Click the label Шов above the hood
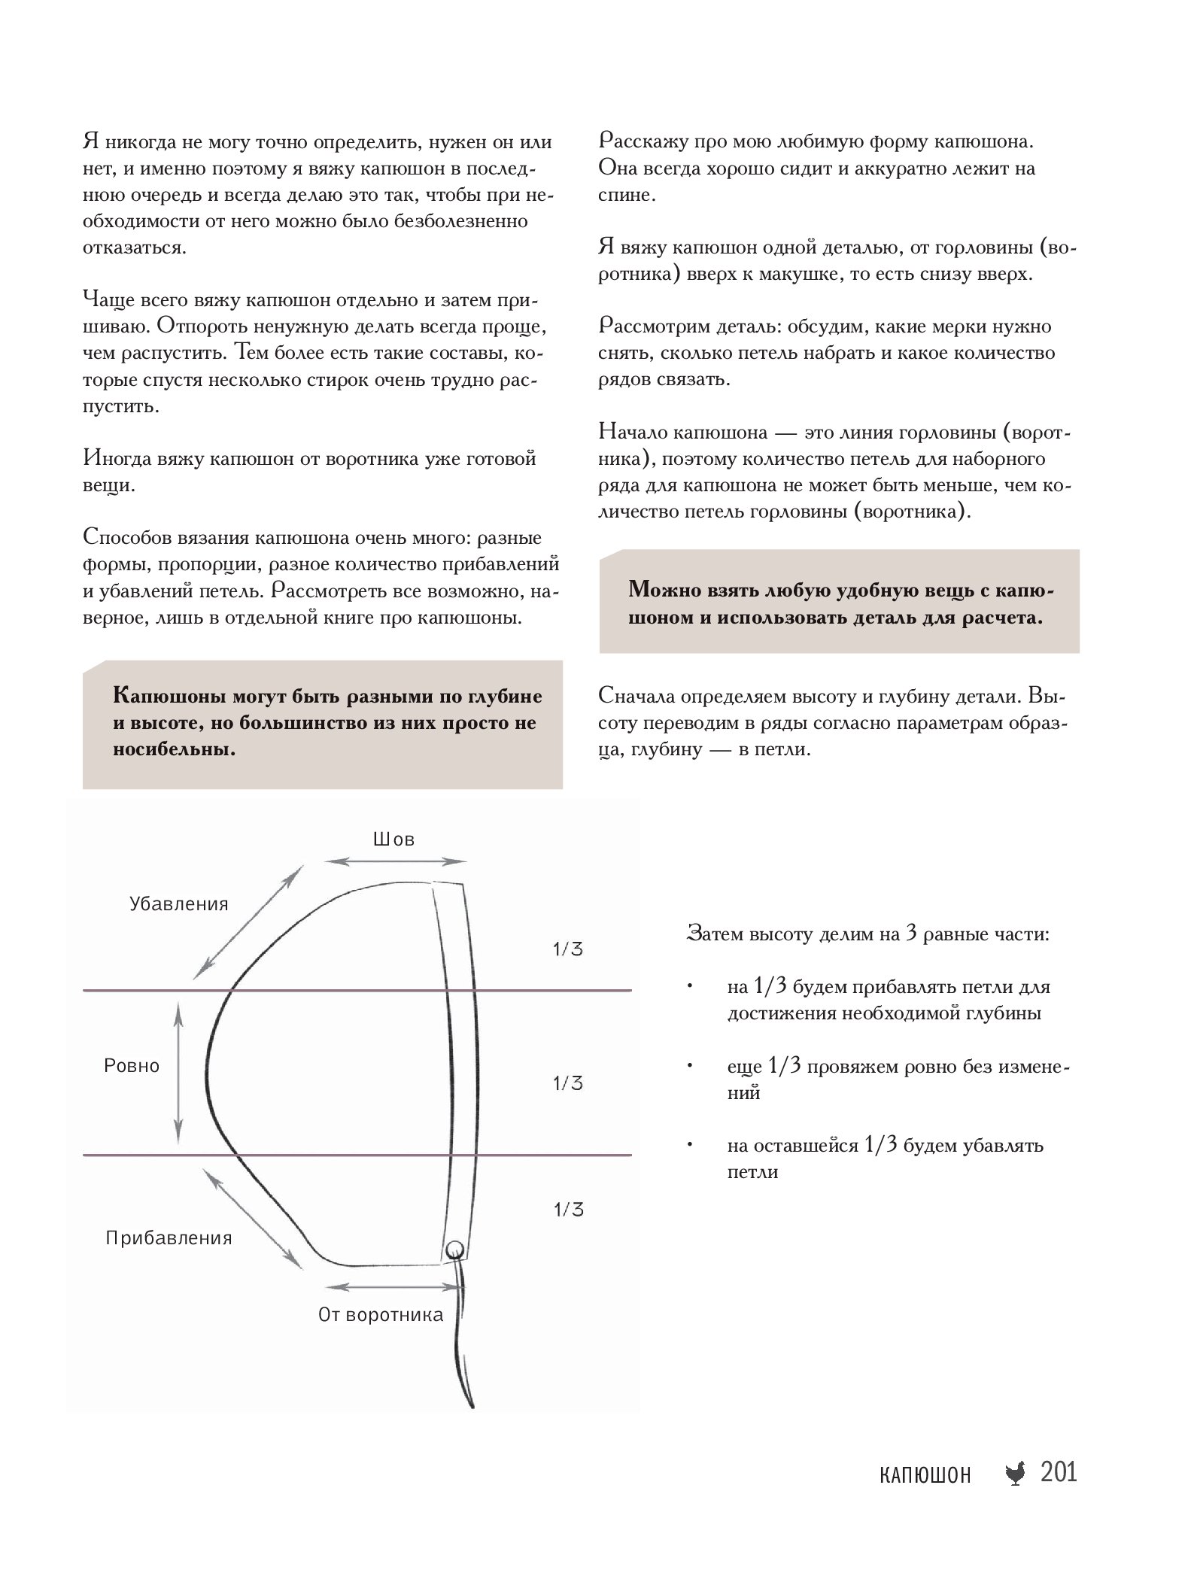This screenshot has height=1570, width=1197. tap(393, 839)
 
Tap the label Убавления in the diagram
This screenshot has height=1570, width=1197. tap(178, 903)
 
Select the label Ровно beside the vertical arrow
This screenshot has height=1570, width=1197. tap(132, 1065)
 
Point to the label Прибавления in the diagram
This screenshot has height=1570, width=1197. tap(169, 1238)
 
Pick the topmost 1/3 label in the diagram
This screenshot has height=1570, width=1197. tap(568, 949)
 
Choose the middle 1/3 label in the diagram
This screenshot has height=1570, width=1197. tap(568, 1083)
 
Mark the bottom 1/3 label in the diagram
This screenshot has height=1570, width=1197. tap(568, 1210)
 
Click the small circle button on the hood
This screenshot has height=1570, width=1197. tap(454, 1250)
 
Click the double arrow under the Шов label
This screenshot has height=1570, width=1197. tap(396, 862)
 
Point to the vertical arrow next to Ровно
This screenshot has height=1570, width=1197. tap(178, 1073)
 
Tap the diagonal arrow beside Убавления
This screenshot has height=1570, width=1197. tap(248, 922)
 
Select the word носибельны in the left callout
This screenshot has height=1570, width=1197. tap(174, 749)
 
